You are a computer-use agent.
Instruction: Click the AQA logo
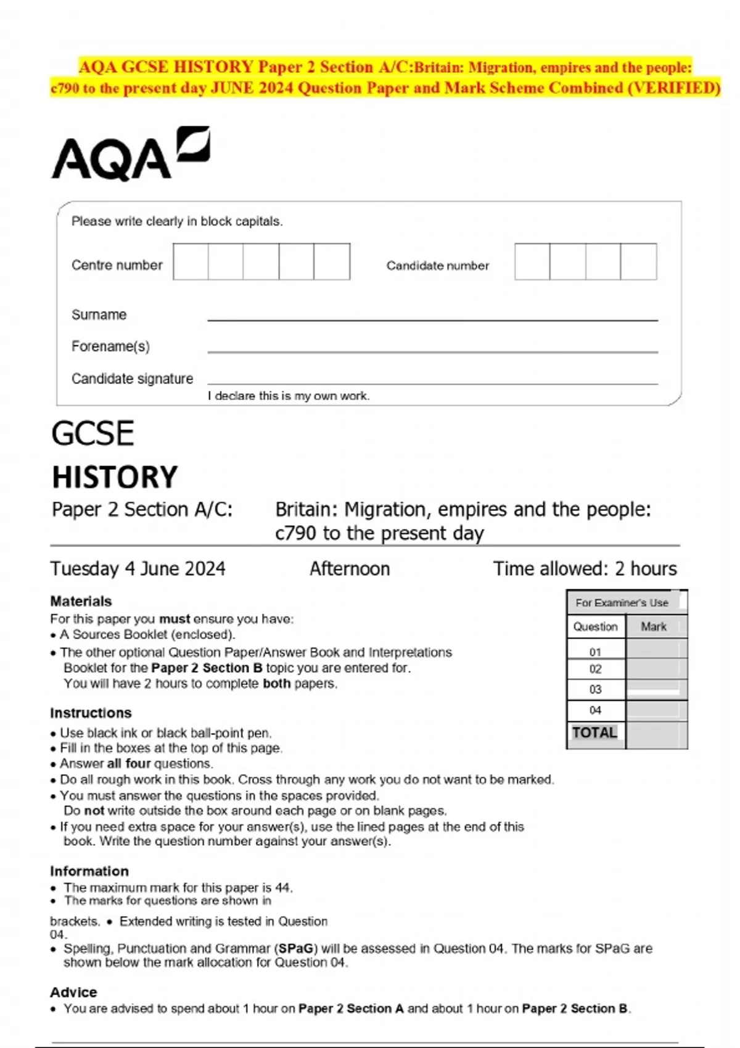[x=130, y=154]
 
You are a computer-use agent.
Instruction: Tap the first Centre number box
[x=191, y=262]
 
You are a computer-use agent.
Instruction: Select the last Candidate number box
[x=638, y=262]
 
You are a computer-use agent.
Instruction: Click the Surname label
[x=99, y=315]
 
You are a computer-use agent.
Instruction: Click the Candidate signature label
[x=132, y=379]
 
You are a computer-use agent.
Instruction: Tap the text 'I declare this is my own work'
[x=288, y=396]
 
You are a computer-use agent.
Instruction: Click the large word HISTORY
[x=115, y=477]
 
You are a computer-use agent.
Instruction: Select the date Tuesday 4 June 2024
[x=138, y=568]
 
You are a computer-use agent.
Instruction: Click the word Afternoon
[x=350, y=568]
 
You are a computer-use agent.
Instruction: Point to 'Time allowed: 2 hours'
[x=585, y=568]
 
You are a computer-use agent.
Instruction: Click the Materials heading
[x=81, y=601]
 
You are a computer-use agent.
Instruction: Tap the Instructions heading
[x=91, y=713]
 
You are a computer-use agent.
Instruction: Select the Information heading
[x=89, y=871]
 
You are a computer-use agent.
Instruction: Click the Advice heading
[x=73, y=992]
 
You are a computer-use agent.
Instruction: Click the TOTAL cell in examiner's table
[x=594, y=733]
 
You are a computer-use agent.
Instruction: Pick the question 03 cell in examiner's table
[x=595, y=690]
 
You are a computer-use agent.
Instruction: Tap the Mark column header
[x=653, y=627]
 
